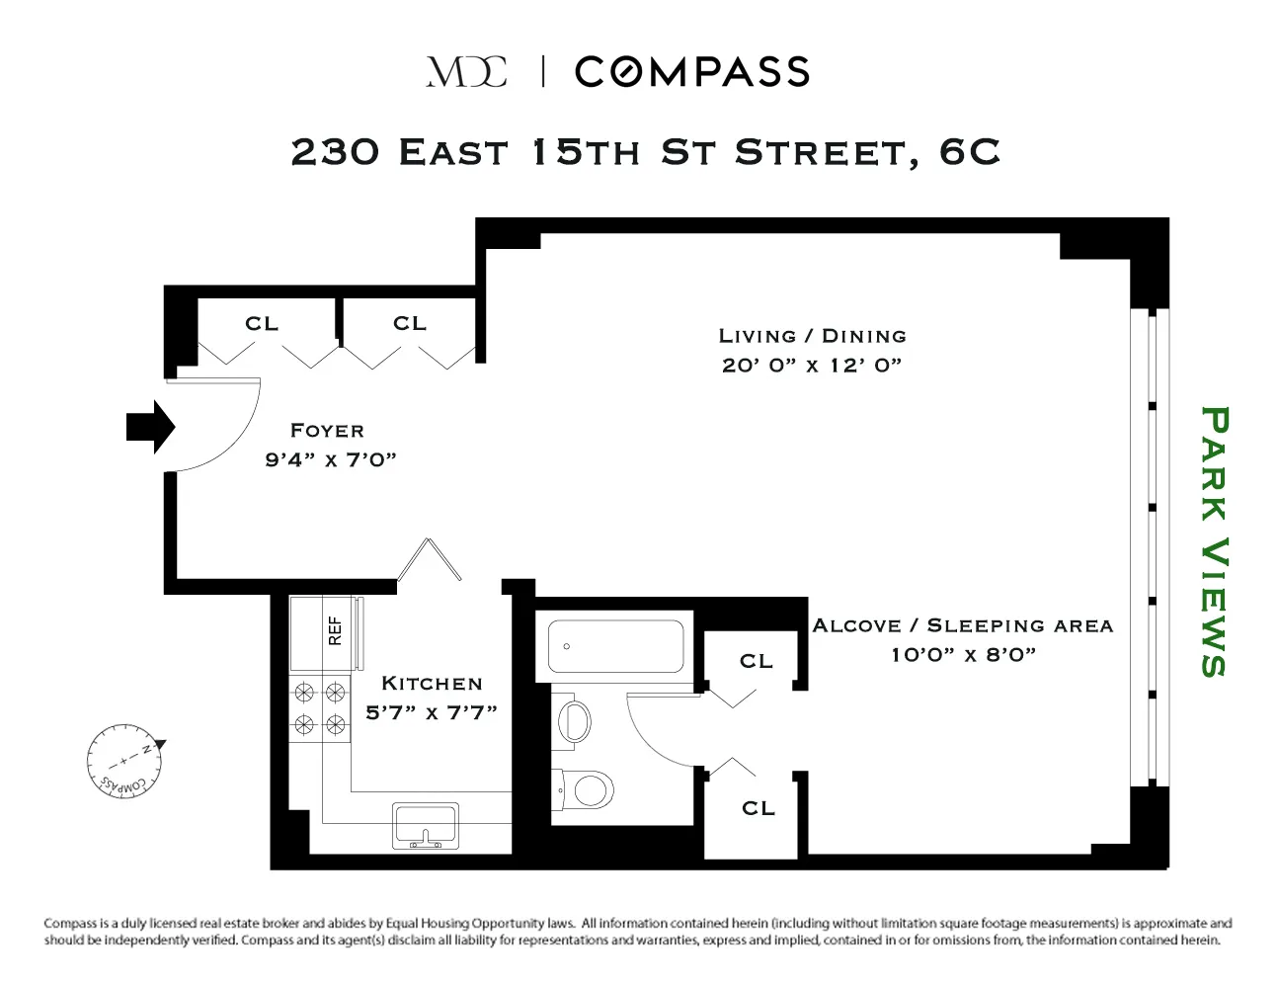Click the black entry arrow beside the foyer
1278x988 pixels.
pyautogui.click(x=150, y=427)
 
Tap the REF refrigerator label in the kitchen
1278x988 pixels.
pyautogui.click(x=335, y=630)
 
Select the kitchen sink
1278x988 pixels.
pyautogui.click(x=426, y=826)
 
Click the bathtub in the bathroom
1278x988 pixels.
pyautogui.click(x=615, y=646)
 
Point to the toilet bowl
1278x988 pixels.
pyautogui.click(x=586, y=789)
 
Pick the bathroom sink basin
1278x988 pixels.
pyautogui.click(x=574, y=721)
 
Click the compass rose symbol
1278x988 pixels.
pyautogui.click(x=124, y=761)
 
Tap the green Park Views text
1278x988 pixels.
pyautogui.click(x=1214, y=541)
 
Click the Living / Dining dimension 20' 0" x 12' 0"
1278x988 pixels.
pyautogui.click(x=812, y=366)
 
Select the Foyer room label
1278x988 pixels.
pyautogui.click(x=328, y=431)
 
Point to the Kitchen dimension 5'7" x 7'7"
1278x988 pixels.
pyautogui.click(x=432, y=712)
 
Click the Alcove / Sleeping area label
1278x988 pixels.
pyautogui.click(x=963, y=625)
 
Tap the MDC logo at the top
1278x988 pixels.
pyautogui.click(x=466, y=72)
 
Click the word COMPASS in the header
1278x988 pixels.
pyautogui.click(x=692, y=72)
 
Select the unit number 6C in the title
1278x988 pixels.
pyautogui.click(x=969, y=152)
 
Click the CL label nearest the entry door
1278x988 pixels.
pyautogui.click(x=262, y=323)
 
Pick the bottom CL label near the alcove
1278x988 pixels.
pyautogui.click(x=759, y=808)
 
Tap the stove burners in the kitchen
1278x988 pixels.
pyautogui.click(x=319, y=708)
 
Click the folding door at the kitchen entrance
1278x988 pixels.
pyautogui.click(x=430, y=559)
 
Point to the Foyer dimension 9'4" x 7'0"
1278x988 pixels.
pyautogui.click(x=331, y=459)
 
